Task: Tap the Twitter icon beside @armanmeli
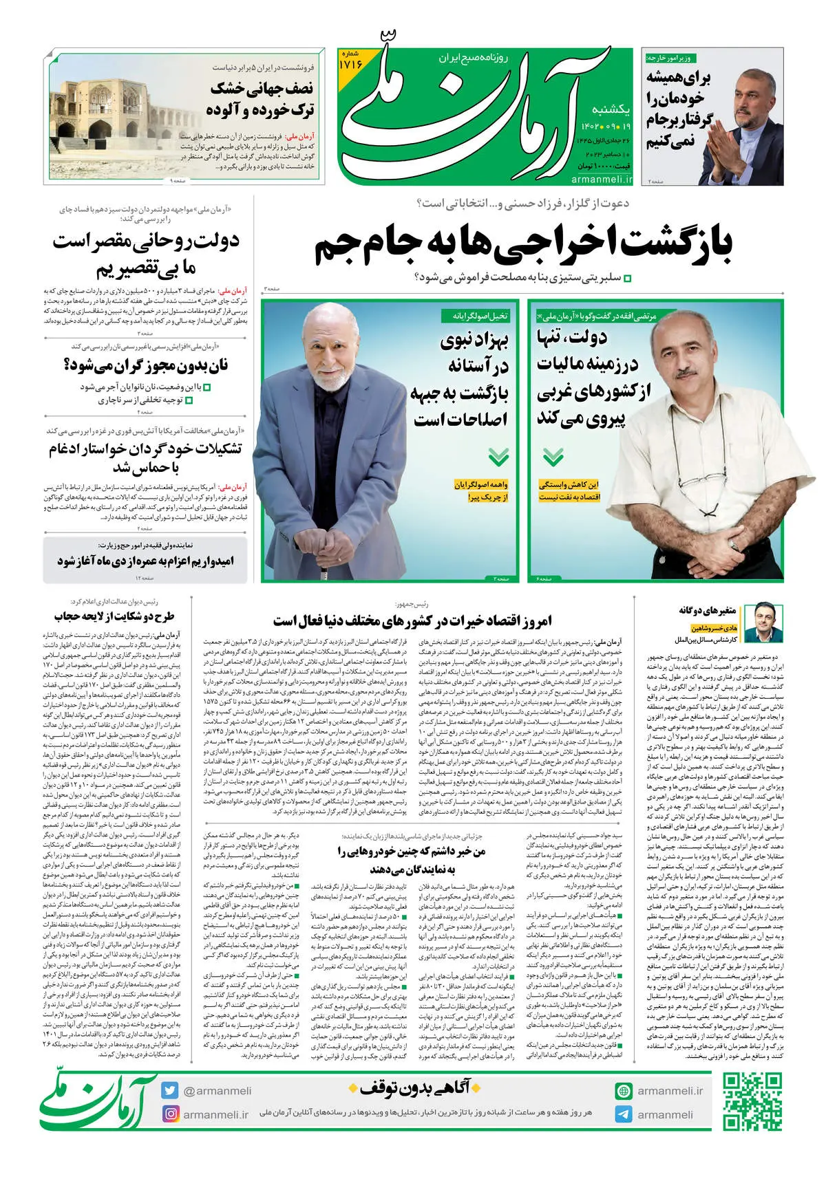click(x=170, y=1090)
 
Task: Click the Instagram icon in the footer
click(x=170, y=1114)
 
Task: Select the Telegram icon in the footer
click(x=624, y=1114)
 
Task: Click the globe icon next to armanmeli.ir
click(x=624, y=1091)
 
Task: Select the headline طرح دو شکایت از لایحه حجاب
click(x=114, y=616)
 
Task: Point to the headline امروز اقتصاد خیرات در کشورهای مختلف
click(x=412, y=621)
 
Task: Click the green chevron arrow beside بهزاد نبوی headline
click(x=498, y=457)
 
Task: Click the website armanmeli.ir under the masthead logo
click(x=601, y=180)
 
